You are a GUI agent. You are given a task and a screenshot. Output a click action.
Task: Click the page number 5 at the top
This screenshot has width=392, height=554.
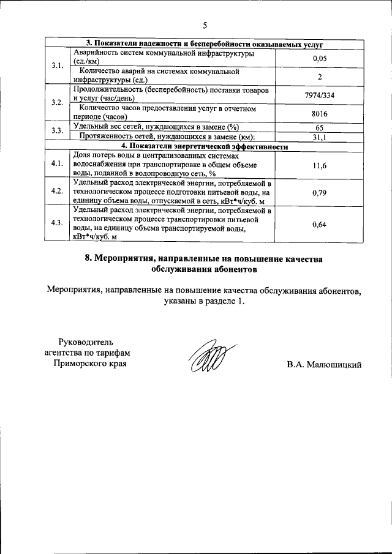tap(205, 25)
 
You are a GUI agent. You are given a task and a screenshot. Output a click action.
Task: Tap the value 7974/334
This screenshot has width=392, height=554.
tap(318, 95)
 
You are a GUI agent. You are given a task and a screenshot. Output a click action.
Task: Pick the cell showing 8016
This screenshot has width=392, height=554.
tap(318, 113)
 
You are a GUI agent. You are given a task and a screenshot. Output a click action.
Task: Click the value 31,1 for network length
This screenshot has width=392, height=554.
tap(318, 138)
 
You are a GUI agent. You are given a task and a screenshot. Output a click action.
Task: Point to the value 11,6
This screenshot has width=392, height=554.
tap(318, 166)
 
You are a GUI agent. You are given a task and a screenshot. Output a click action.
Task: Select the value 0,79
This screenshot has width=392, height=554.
tap(318, 193)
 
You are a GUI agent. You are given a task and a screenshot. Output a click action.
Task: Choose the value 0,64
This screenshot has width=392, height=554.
tap(318, 225)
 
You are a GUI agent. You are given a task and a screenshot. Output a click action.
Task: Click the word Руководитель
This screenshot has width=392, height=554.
tap(85, 341)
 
